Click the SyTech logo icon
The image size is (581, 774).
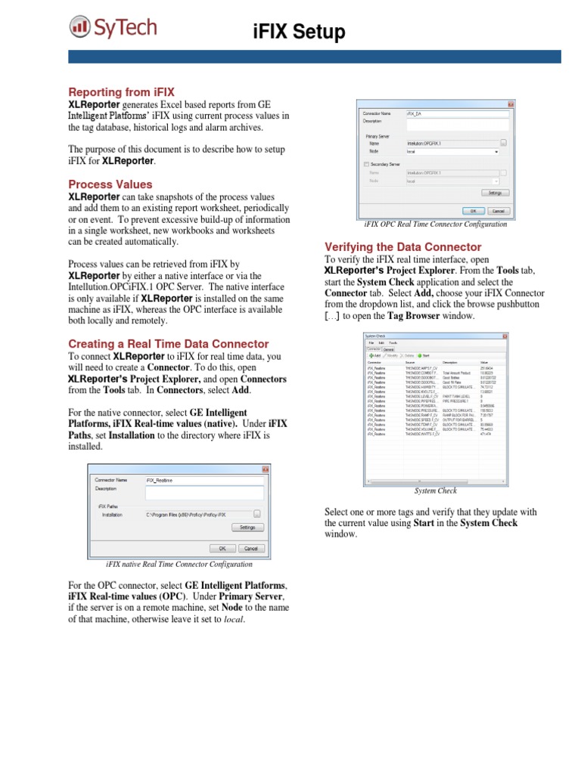click(79, 29)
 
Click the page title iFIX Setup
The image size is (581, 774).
click(298, 32)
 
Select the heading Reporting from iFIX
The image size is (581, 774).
click(121, 91)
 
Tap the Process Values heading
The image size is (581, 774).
click(110, 184)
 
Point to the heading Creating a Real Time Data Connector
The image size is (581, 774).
click(168, 343)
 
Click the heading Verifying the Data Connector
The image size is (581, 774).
click(402, 247)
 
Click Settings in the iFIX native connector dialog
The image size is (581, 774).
click(247, 528)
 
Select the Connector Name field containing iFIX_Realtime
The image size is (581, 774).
click(204, 480)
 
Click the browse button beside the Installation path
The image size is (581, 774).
click(257, 514)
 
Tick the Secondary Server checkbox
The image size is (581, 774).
click(367, 164)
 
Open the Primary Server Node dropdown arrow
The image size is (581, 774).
click(496, 151)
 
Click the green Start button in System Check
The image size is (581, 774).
click(425, 355)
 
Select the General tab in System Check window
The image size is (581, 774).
click(389, 348)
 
